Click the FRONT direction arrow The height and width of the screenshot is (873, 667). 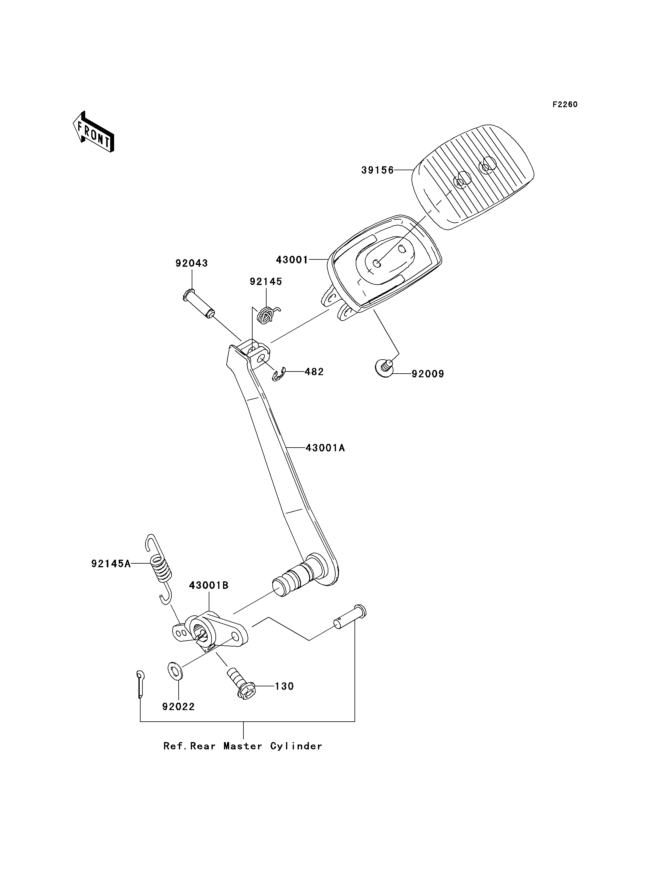coord(94,132)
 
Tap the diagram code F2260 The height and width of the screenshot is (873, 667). coord(565,104)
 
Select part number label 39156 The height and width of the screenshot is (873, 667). coord(378,170)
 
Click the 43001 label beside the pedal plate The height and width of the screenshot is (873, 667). coord(292,260)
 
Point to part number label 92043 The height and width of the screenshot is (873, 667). coord(192,263)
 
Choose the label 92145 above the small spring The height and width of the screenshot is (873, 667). coord(266,281)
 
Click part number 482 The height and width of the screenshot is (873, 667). coord(314,371)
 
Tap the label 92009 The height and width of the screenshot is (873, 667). coord(428,374)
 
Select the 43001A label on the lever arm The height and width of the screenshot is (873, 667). coord(326,448)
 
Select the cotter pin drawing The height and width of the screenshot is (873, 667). coord(140,684)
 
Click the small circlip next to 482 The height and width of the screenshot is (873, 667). coord(279,374)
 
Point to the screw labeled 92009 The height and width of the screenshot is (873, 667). coord(384,368)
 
